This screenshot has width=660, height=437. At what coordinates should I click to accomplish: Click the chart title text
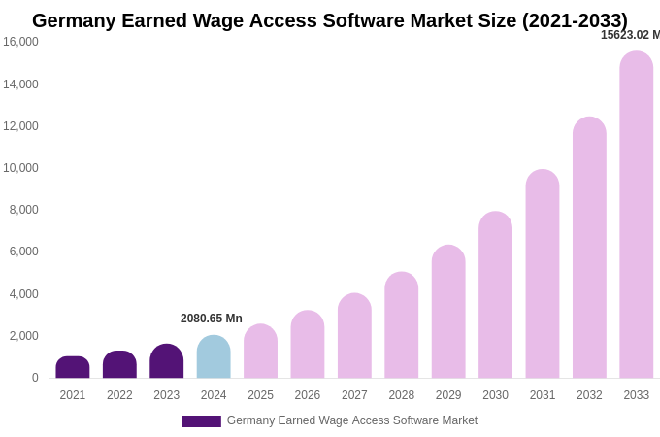[330, 20]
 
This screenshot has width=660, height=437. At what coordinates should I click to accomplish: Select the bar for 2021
[73, 367]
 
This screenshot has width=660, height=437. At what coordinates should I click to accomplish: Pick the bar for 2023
[167, 361]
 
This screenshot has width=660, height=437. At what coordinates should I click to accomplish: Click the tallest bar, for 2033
[637, 215]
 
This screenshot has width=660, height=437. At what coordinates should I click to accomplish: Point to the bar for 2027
[354, 336]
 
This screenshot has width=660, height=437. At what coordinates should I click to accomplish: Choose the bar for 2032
[589, 248]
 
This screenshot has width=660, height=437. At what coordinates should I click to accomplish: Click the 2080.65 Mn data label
[212, 319]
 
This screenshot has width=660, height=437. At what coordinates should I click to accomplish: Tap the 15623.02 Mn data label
[630, 35]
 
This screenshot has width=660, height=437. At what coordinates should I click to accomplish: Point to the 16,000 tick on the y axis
[20, 42]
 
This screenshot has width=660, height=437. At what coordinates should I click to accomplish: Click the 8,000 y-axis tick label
[23, 210]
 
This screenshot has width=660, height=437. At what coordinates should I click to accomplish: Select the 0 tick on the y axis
[35, 378]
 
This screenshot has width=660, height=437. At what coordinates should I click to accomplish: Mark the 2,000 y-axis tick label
[23, 336]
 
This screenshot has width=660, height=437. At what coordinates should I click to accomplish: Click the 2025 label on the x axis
[260, 395]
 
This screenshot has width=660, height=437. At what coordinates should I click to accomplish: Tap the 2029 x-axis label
[448, 395]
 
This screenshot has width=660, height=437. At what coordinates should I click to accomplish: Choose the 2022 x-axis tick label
[119, 395]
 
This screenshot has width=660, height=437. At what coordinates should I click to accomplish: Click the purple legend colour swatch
[202, 421]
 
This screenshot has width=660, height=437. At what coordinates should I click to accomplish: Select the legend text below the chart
[352, 420]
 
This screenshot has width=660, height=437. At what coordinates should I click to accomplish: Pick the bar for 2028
[402, 325]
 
